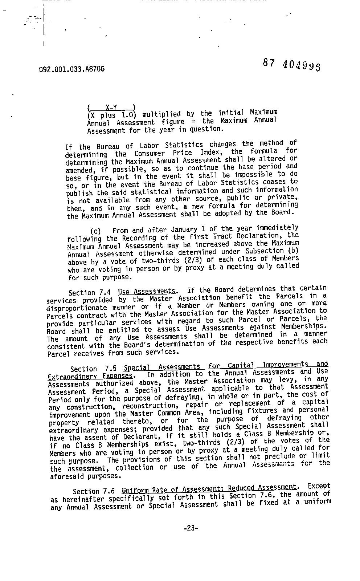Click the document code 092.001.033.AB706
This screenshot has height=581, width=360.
pos(71,69)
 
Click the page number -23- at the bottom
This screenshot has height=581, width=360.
pos(191,528)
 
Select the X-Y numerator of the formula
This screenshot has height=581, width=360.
pos(111,107)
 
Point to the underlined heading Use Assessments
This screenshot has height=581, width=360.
pos(147,291)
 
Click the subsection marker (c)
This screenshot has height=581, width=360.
pos(95,231)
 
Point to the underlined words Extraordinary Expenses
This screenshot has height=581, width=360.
pos(90,376)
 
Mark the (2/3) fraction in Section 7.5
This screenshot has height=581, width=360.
pos(233,442)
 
